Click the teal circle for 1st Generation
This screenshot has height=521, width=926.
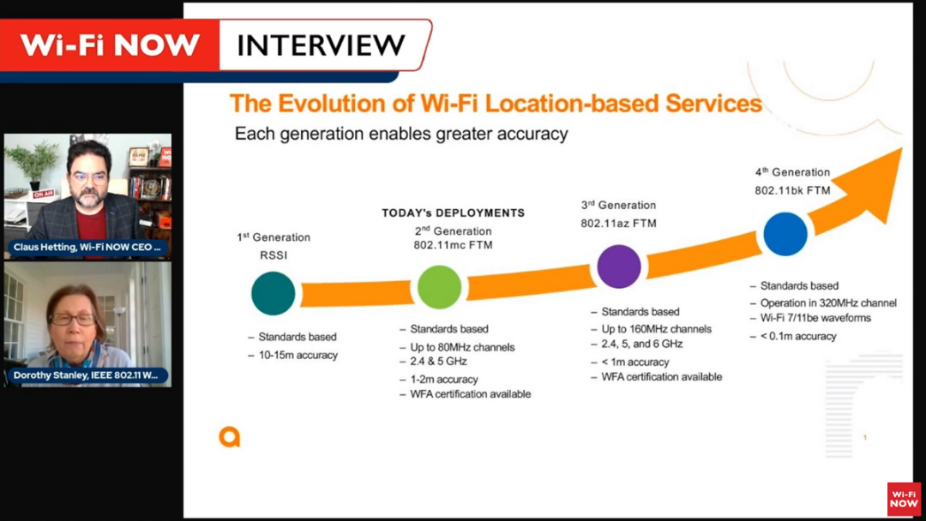pyautogui.click(x=273, y=293)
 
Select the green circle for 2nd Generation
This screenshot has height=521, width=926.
pyautogui.click(x=439, y=287)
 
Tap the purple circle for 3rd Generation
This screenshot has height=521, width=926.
pyautogui.click(x=618, y=266)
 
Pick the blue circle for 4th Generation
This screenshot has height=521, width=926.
pyautogui.click(x=785, y=234)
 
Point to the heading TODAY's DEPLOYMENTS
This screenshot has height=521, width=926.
pyautogui.click(x=453, y=213)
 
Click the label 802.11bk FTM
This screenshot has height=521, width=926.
pyautogui.click(x=792, y=190)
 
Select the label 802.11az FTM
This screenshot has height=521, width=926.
pyautogui.click(x=618, y=223)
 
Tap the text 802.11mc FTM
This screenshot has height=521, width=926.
pyautogui.click(x=453, y=246)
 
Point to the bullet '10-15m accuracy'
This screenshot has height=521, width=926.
pyautogui.click(x=298, y=355)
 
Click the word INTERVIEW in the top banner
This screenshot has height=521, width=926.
pyautogui.click(x=320, y=45)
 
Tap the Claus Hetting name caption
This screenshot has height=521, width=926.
pyautogui.click(x=87, y=247)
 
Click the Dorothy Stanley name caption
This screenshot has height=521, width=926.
pyautogui.click(x=87, y=375)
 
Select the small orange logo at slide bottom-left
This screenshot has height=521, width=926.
pyautogui.click(x=229, y=437)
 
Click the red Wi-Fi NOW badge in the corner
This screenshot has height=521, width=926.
pyautogui.click(x=904, y=499)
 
